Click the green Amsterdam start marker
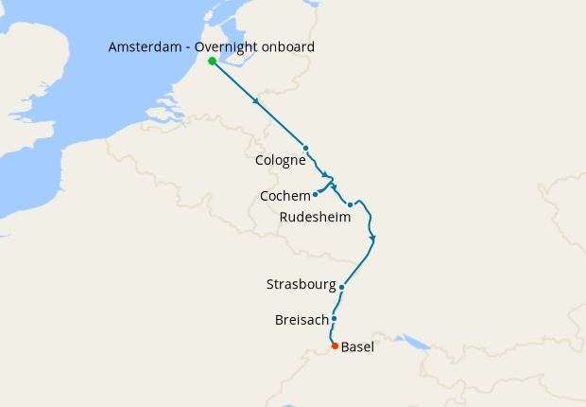[212, 62]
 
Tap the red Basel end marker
[335, 346]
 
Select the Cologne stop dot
[305, 148]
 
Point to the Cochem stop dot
[315, 195]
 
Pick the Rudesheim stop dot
[350, 204]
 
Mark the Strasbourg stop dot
[341, 285]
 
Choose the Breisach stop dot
[334, 318]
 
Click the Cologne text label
[281, 161]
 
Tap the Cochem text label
[284, 196]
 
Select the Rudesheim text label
[316, 218]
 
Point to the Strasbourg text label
[301, 285]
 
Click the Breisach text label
[301, 320]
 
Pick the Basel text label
[357, 347]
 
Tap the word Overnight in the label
[233, 47]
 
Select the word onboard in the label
[290, 47]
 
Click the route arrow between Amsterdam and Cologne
[257, 101]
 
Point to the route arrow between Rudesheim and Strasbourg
[373, 237]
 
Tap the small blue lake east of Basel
[412, 340]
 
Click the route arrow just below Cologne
[325, 175]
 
